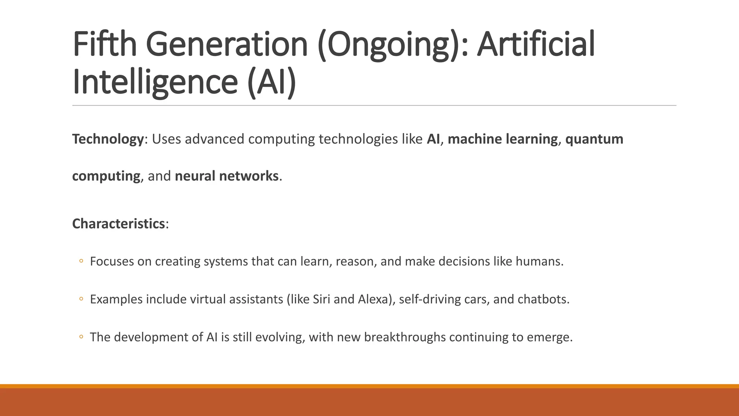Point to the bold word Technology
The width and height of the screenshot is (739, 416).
coord(108,139)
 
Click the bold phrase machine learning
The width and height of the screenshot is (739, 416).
coord(503,139)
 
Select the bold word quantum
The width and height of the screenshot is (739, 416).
coord(594,139)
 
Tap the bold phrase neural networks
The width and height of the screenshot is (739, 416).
coord(227,176)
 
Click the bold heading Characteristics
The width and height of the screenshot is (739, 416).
coord(118,224)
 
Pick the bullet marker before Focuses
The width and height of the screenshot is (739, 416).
coord(81,261)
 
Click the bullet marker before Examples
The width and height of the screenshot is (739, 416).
coord(81,299)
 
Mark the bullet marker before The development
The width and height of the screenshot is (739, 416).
coord(81,337)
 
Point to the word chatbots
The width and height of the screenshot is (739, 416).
coord(543,299)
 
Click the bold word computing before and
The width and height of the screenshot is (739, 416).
coord(106,176)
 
